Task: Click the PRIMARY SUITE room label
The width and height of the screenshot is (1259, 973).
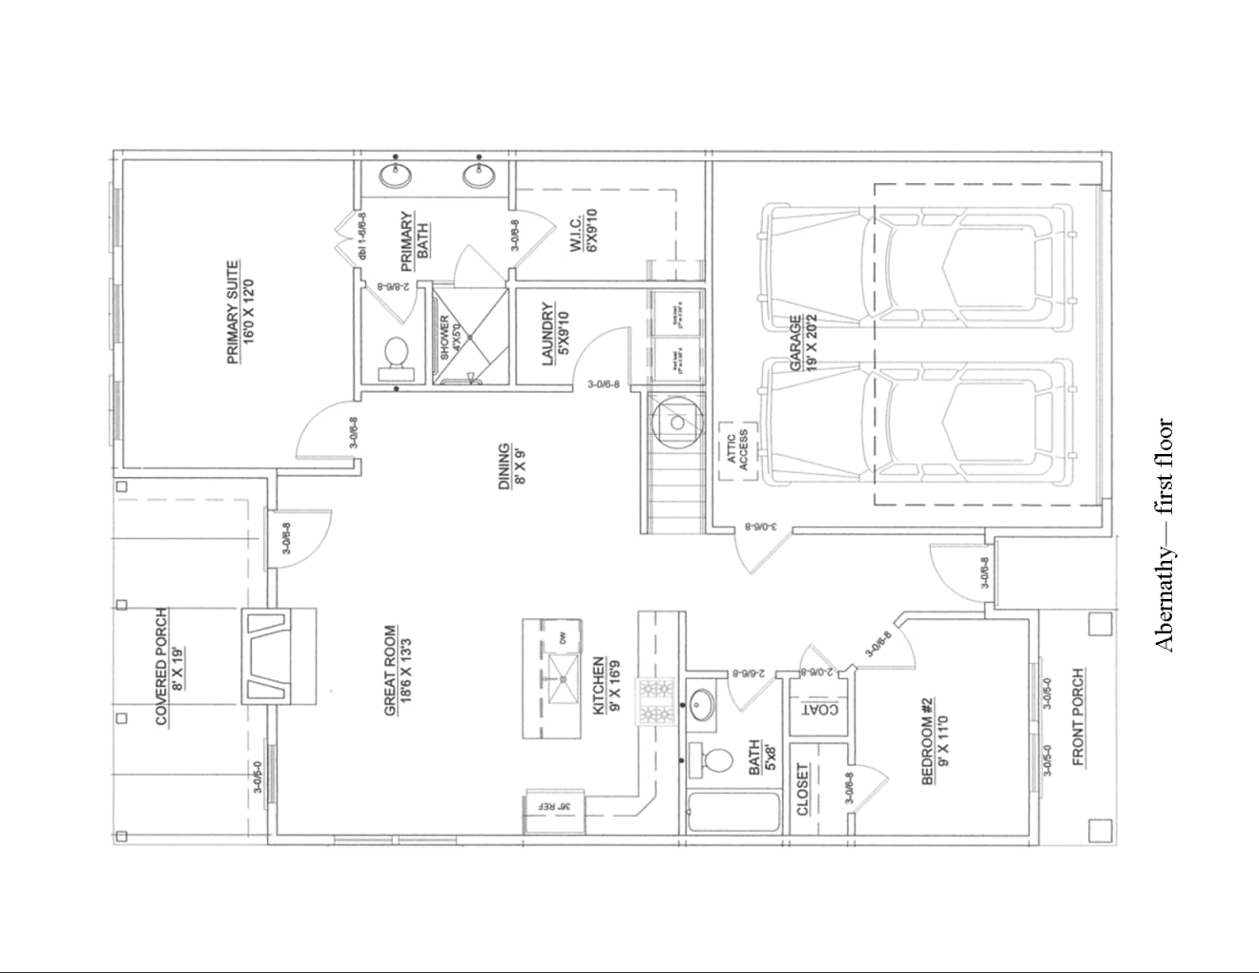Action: click(239, 313)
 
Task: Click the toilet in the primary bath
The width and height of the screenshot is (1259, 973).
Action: click(394, 354)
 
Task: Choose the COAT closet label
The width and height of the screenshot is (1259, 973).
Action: click(819, 709)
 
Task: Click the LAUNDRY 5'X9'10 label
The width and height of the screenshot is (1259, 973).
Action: click(554, 335)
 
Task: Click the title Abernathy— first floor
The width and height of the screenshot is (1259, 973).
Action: click(1165, 534)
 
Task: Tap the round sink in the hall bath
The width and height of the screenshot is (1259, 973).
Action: click(702, 706)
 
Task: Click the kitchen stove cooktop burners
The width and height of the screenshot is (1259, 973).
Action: click(657, 701)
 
